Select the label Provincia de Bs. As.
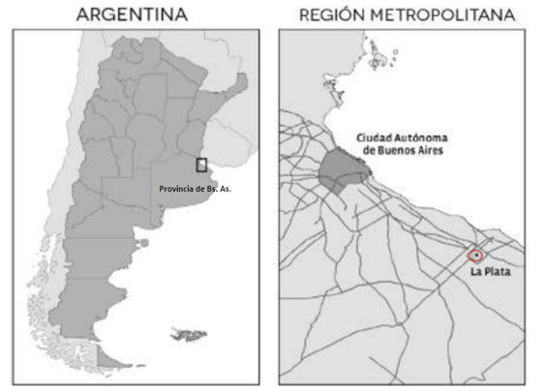click(195, 189)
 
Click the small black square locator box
click(201, 165)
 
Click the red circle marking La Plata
click(475, 255)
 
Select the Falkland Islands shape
click(188, 335)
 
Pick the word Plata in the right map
click(497, 272)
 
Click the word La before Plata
click(475, 272)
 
